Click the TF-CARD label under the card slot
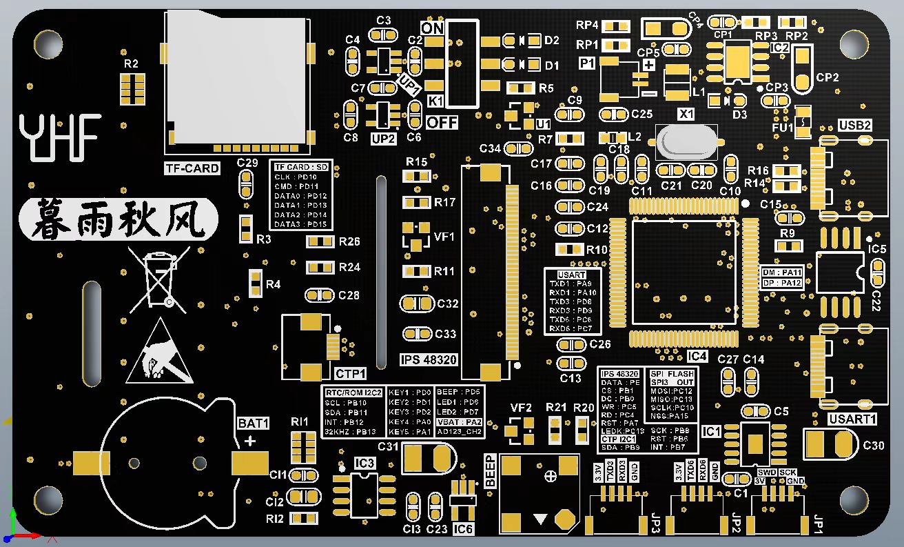[192, 168]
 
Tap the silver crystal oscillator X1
[686, 142]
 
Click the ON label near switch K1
[432, 28]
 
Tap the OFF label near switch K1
[442, 123]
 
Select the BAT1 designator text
[254, 423]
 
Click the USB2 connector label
[855, 126]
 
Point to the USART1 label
[852, 419]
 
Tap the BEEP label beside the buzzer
[491, 471]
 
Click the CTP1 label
[351, 374]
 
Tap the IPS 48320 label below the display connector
[428, 360]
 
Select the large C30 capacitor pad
[830, 444]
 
